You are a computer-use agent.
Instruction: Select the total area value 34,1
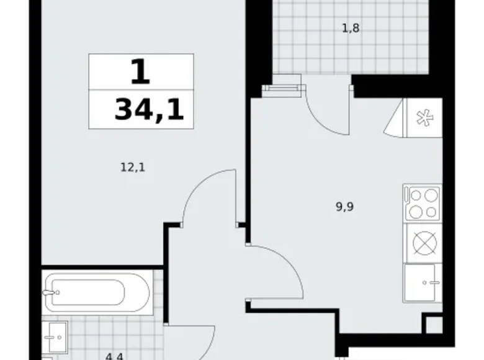[150, 112]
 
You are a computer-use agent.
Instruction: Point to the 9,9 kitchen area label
[345, 208]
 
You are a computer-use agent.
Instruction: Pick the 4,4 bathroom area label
[114, 356]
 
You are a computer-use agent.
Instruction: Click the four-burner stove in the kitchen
[422, 204]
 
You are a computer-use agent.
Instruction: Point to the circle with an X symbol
[422, 243]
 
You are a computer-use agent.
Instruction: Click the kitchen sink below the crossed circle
[422, 283]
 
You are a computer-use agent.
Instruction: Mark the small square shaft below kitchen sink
[433, 325]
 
